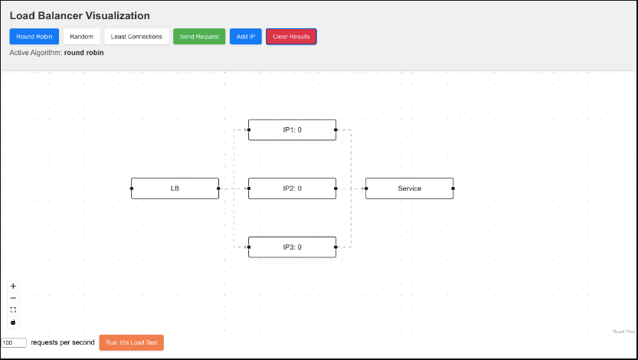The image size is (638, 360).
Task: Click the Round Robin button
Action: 34,37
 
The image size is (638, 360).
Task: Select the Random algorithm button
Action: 81,37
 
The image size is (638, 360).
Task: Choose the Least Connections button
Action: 136,37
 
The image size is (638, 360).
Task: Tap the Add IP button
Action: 245,37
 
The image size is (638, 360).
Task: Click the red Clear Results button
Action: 291,37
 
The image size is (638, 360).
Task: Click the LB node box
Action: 175,188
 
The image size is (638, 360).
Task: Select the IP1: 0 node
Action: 292,130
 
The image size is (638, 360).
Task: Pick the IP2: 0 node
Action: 292,188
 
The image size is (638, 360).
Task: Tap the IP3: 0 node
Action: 292,247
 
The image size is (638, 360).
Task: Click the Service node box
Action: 409,188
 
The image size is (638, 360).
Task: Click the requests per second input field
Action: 15,342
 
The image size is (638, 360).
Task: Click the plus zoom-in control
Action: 13,286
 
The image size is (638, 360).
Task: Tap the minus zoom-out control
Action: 13,298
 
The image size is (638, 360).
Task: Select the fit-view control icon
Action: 13,310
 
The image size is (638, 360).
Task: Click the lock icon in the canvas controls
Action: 13,322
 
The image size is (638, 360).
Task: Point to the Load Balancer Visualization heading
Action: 80,15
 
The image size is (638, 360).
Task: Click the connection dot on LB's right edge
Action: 219,188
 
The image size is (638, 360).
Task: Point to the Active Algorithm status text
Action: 57,53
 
